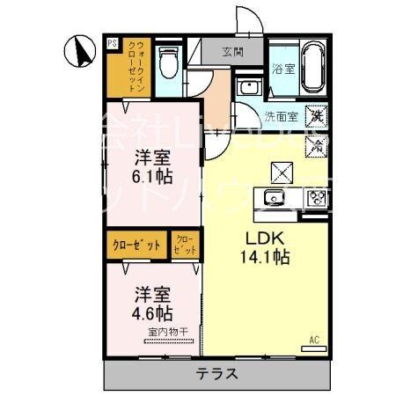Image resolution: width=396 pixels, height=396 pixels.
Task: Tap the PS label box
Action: tap(112, 41)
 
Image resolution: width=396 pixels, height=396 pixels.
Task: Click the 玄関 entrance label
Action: tap(232, 50)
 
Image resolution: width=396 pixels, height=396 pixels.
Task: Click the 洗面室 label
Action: tap(281, 115)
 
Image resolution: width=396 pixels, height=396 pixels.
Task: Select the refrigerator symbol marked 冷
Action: tap(314, 145)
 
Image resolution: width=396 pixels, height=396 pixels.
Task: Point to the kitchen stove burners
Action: tap(315, 198)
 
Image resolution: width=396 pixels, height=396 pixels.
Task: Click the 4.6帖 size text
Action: tap(152, 312)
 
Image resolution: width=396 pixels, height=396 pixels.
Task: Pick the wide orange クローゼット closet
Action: tap(136, 245)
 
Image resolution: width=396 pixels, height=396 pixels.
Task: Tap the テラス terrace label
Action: tap(216, 373)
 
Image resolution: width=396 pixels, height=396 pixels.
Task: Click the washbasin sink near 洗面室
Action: tap(249, 89)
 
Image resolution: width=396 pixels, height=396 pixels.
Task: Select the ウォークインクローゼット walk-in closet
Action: tap(136, 67)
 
